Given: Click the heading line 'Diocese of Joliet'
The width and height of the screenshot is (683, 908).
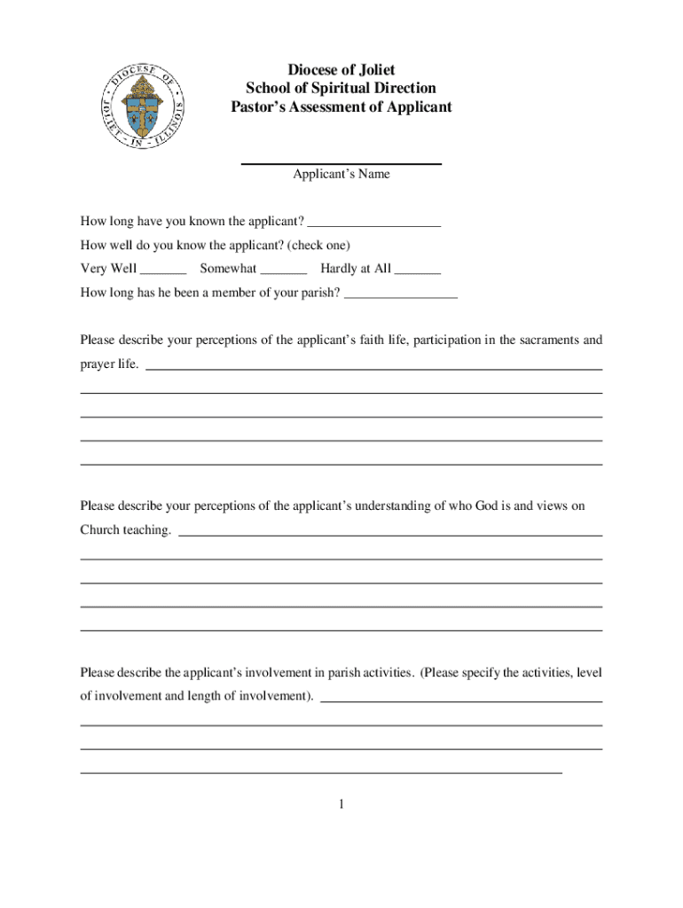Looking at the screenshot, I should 341,70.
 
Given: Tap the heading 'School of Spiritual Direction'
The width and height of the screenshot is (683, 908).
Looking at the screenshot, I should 341,89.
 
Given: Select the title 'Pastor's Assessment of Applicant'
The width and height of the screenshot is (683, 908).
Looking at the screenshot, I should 341,107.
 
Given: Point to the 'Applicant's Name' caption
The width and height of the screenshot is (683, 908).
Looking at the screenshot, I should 341,175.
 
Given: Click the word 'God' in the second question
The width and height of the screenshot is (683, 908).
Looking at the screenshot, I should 462,506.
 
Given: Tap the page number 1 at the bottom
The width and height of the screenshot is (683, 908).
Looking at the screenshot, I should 341,805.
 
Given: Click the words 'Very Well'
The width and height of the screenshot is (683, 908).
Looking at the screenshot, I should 108,269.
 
